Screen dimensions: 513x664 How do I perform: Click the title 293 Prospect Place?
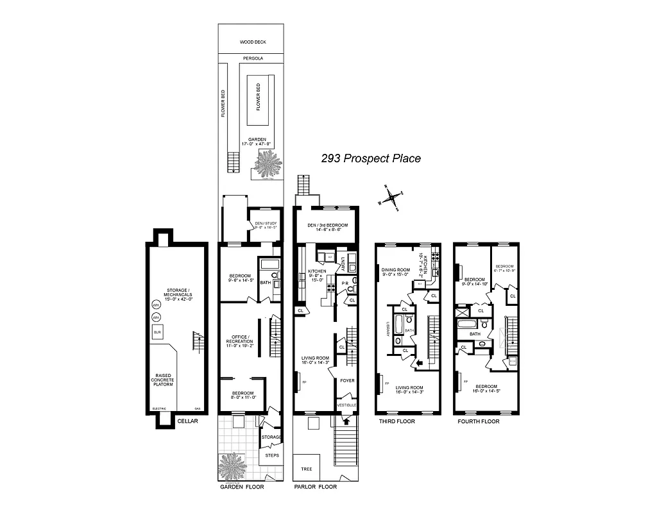coord(371,158)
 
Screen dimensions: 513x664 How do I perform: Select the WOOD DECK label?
coord(253,42)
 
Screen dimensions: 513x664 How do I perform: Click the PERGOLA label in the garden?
coord(253,58)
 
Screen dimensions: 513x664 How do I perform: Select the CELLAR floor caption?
coord(188,421)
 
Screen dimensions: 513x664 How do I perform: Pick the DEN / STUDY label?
coord(265,224)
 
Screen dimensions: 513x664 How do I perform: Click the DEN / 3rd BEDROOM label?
coord(327,226)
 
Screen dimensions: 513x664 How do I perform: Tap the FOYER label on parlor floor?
coord(346,381)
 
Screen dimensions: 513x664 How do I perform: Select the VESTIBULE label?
coord(346,405)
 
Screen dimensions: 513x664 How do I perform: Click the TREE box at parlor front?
coord(306,469)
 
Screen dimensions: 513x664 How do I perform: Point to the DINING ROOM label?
coord(395,270)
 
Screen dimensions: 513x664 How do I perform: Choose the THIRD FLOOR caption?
coord(397,421)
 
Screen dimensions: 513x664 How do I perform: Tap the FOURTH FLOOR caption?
coord(478,421)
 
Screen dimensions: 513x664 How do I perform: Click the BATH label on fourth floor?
coord(475,333)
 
